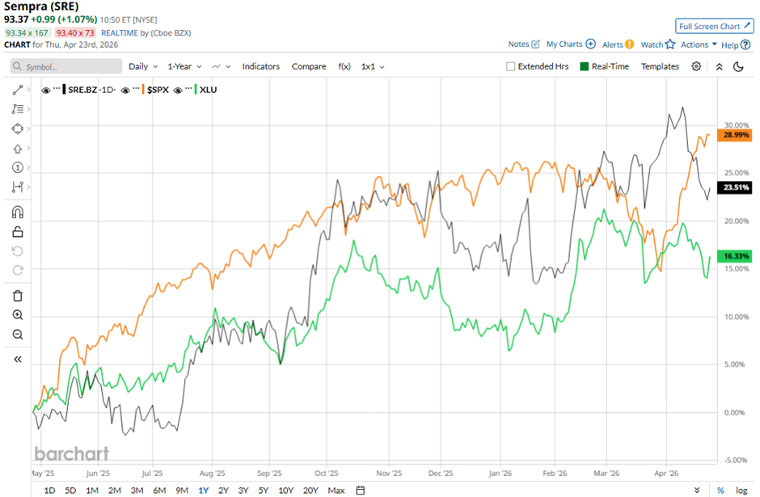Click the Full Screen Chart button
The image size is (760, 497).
[714, 26]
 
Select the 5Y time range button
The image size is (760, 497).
[264, 490]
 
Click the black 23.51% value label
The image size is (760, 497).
[737, 187]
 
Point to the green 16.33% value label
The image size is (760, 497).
[737, 255]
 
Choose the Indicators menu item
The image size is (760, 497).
[260, 66]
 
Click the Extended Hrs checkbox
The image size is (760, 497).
[510, 66]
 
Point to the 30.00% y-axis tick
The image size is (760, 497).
[737, 125]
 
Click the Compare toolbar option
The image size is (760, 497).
[309, 66]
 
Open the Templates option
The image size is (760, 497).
[660, 66]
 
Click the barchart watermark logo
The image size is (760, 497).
[70, 453]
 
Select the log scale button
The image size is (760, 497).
[741, 490]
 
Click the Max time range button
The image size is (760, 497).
[336, 490]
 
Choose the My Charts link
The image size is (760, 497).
[564, 44]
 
